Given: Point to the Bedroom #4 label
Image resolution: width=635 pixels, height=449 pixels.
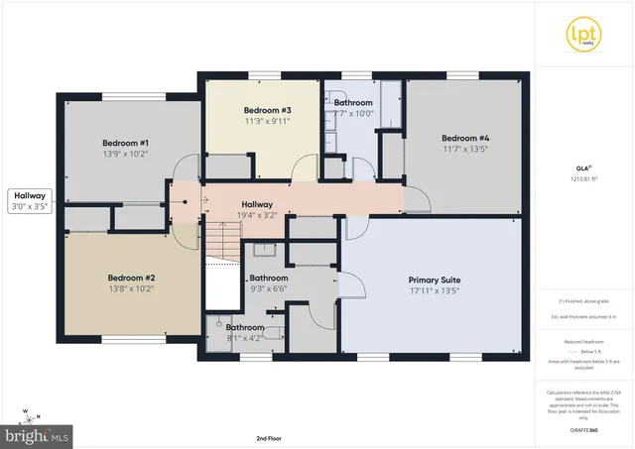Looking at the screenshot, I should point(462,138).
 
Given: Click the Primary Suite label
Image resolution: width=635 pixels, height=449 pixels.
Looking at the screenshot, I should point(435,281).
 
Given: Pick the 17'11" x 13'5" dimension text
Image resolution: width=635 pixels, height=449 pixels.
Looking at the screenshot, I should point(435,292).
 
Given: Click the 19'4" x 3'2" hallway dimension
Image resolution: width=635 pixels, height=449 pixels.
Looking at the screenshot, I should point(256,215).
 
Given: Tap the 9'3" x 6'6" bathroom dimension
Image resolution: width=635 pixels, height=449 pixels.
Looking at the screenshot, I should point(269,290).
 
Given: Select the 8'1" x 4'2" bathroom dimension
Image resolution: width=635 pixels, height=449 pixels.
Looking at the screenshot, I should point(244,338).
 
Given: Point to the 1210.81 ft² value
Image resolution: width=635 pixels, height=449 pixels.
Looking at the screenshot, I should point(583,178).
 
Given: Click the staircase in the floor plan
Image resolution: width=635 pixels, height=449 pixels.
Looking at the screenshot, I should point(224,244).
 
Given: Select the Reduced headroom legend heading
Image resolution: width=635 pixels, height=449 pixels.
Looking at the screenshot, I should point(583,341).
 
